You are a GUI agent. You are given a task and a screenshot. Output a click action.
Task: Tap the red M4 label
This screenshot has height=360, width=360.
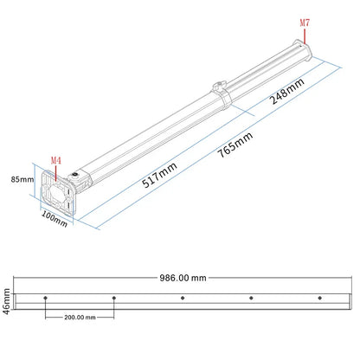click(x=56, y=160)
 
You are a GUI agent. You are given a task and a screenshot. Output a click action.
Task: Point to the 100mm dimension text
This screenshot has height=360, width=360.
click(x=55, y=216)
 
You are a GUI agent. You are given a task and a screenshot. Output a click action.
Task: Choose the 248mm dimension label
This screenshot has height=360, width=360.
click(x=288, y=90)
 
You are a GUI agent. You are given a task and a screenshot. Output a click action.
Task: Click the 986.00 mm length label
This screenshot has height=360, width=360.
click(x=182, y=279)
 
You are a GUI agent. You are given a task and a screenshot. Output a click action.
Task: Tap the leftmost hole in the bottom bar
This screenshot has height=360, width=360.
click(x=45, y=299)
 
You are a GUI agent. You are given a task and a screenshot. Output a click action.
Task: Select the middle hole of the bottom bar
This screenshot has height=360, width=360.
click(x=183, y=299)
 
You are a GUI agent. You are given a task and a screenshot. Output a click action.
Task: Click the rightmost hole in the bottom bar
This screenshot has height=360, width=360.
click(x=319, y=299)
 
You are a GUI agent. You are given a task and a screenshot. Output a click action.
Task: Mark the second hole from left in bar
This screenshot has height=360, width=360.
click(x=114, y=299)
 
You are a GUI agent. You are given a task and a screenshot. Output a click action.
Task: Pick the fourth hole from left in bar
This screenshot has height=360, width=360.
click(x=251, y=299)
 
